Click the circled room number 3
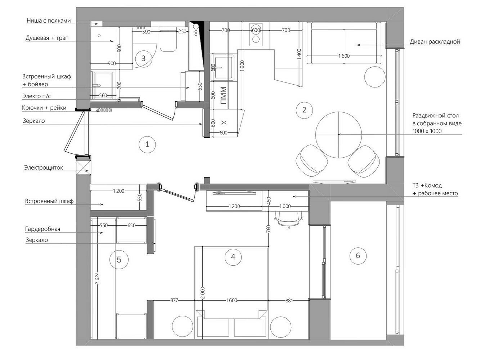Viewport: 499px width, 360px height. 143,59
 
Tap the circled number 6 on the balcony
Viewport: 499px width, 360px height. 358,256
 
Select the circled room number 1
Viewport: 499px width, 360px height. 147,145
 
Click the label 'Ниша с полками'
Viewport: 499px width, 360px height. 49,21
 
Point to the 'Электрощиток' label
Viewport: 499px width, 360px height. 44,167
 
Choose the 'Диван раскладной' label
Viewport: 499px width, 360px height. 435,42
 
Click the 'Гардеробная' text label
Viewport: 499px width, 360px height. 42,229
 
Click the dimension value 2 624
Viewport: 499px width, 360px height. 97,279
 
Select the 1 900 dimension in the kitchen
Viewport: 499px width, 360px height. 242,66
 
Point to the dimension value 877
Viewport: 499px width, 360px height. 174,300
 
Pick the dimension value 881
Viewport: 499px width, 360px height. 289,301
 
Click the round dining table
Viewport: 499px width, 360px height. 338,135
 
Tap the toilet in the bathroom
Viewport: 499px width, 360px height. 168,39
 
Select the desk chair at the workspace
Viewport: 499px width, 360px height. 289,220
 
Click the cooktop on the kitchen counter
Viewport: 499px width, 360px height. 256,35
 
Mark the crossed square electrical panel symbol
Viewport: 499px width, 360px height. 83,167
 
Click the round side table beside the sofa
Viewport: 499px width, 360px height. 375,77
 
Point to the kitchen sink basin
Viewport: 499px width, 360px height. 223,68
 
